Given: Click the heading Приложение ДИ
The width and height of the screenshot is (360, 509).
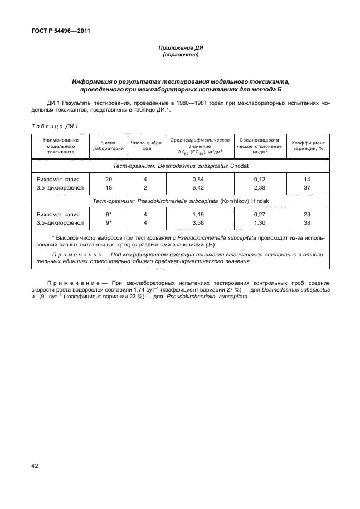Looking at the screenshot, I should coord(180,49).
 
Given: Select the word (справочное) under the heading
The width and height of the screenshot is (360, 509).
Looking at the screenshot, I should coord(180,56).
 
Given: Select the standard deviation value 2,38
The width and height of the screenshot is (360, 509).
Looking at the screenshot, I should coord(260,188).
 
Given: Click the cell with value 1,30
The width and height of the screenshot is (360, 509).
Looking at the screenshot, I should coord(260,223).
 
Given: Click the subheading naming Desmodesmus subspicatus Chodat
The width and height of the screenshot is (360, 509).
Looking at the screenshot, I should coord(180,166).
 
